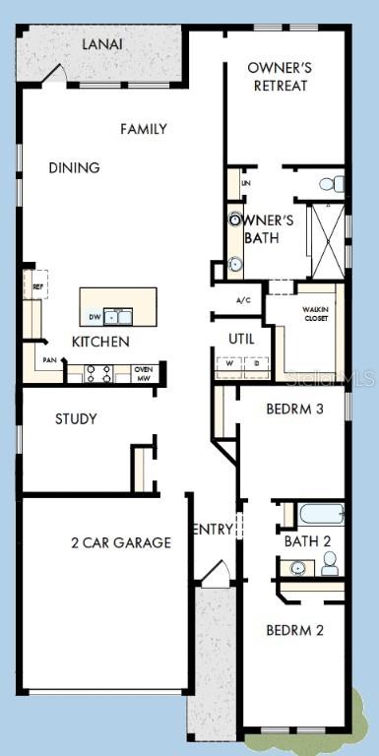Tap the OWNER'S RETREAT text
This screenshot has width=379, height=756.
280,77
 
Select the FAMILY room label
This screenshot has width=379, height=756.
144,129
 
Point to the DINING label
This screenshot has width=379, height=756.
74,167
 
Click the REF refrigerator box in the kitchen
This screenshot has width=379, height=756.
37,286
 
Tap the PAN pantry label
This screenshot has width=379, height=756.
49,360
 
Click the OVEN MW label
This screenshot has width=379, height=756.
144,373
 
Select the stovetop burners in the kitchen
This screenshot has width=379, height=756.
98,373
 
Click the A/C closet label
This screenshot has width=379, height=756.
244,300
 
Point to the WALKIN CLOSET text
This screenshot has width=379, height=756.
315,314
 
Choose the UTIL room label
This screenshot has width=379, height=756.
241,339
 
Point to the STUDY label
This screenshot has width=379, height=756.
76,418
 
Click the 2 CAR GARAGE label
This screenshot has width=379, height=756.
121,542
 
